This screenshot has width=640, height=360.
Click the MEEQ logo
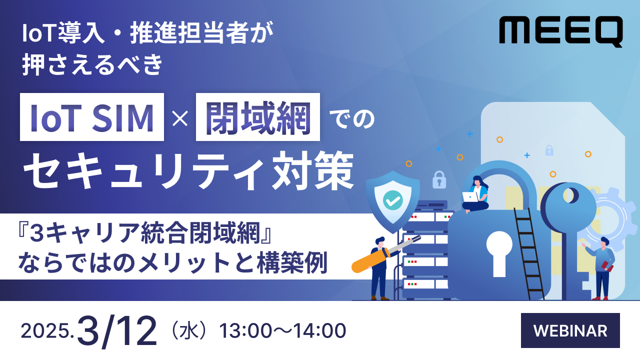(560, 31)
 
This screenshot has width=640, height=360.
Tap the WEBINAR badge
(570, 330)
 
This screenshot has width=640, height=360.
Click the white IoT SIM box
(92, 117)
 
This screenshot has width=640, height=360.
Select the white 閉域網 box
(258, 117)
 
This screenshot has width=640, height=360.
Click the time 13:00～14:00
(282, 331)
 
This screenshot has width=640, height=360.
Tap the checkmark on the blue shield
(392, 200)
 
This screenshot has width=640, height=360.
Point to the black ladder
(529, 252)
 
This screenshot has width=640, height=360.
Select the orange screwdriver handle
(368, 262)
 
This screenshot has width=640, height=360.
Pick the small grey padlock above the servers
(439, 179)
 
